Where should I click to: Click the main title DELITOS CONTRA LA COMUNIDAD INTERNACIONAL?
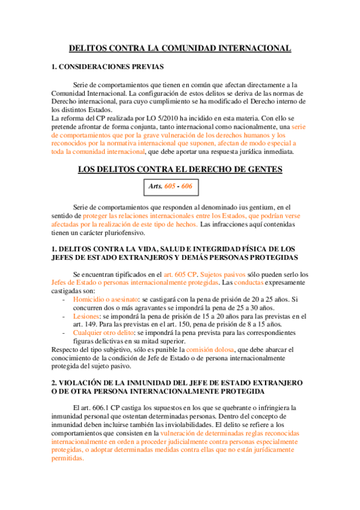(180, 48)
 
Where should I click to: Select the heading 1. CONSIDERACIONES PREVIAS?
(108, 67)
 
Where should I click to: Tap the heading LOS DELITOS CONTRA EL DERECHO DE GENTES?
(180, 170)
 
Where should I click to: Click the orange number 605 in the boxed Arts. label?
(170, 186)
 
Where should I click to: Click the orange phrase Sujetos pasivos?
(219, 274)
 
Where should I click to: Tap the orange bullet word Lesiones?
(86, 316)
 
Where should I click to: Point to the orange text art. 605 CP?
(180, 274)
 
